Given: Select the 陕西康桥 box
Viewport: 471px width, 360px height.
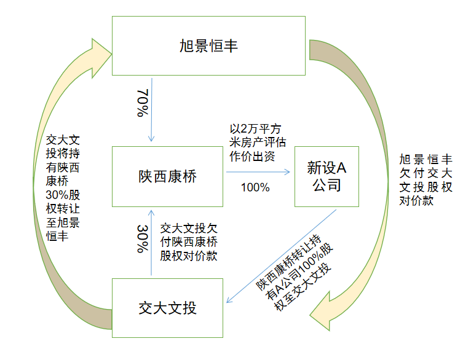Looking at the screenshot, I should pos(167,176).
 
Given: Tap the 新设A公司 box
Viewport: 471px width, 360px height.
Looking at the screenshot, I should pos(327,176).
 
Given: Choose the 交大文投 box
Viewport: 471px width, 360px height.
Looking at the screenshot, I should pos(167,307).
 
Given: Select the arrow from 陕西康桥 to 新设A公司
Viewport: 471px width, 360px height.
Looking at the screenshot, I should pos(258,172).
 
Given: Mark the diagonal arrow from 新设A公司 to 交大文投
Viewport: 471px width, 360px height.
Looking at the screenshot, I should pos(283,255).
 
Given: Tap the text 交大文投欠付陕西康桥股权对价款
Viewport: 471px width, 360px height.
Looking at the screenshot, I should pos(189,242).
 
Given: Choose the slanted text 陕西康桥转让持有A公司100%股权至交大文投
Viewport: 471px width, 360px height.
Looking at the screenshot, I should pos(294,268).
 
